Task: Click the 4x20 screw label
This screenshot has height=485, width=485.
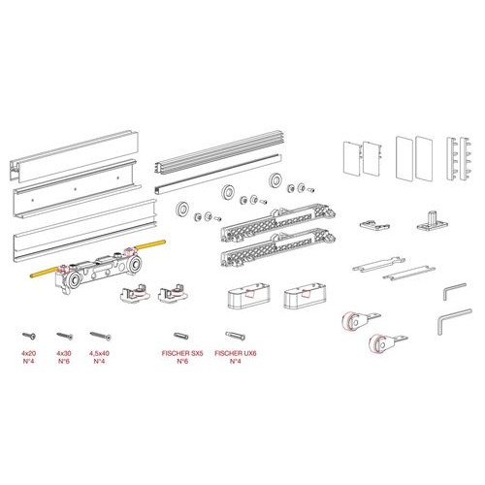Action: (x=28, y=353)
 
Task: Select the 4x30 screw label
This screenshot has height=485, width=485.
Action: (x=64, y=353)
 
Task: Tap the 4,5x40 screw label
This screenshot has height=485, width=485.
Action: (x=99, y=353)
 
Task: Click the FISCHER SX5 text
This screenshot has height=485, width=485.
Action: (x=182, y=353)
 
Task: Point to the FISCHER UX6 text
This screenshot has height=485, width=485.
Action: (x=236, y=353)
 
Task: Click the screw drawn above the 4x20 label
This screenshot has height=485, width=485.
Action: (x=29, y=336)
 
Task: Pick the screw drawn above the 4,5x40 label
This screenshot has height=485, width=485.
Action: (x=101, y=336)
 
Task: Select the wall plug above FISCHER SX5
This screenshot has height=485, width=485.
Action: (x=180, y=336)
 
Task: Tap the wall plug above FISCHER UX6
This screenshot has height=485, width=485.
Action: (x=235, y=336)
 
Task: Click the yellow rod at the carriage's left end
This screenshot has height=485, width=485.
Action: (x=44, y=272)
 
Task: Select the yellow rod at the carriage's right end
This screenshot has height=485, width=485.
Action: (x=150, y=245)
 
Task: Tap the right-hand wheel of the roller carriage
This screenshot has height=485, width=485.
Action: (x=134, y=266)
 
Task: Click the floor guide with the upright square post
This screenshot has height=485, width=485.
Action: (x=433, y=222)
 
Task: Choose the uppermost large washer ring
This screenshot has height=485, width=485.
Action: (x=275, y=179)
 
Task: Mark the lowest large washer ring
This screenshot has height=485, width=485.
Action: (x=182, y=209)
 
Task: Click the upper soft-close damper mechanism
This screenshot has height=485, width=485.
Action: (x=278, y=222)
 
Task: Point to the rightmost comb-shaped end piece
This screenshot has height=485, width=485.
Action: (x=466, y=158)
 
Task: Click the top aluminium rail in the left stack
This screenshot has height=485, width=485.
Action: (x=75, y=156)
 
